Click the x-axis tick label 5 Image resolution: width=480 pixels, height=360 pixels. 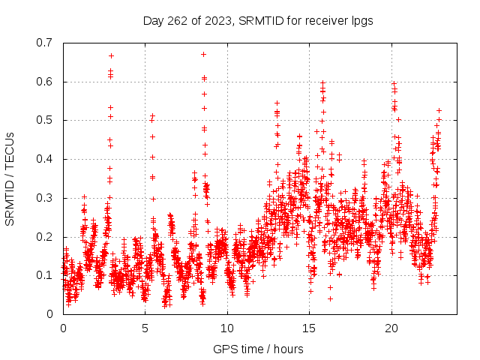point(145,328)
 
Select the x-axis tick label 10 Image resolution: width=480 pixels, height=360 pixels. point(226,328)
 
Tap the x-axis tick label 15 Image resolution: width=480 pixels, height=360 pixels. point(308,328)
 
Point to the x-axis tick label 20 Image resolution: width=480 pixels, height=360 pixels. point(390,328)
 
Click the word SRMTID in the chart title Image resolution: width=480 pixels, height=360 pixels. point(259,20)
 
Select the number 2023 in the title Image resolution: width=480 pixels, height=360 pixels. point(217,20)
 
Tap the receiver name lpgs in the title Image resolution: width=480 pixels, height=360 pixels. point(361,20)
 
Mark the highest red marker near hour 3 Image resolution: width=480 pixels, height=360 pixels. point(111,55)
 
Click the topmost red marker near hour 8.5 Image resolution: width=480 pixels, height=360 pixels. point(203,54)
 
